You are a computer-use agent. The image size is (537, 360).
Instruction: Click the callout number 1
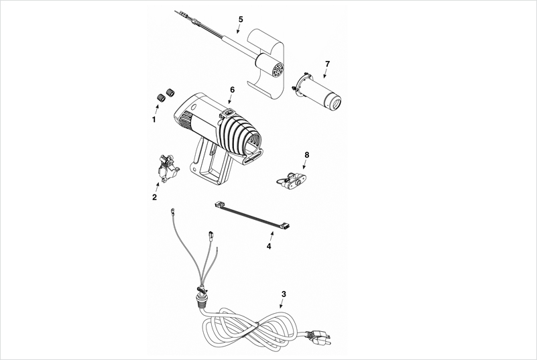(x=154, y=120)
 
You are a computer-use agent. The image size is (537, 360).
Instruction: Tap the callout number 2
(x=154, y=198)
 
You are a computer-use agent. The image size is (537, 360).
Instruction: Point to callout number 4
(x=269, y=246)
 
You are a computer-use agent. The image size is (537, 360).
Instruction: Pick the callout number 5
(x=241, y=18)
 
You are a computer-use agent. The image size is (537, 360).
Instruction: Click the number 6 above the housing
(x=232, y=89)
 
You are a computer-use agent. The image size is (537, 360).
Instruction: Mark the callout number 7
(x=327, y=64)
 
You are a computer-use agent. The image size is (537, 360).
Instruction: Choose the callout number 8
(x=306, y=155)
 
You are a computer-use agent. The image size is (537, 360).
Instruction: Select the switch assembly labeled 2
(x=166, y=168)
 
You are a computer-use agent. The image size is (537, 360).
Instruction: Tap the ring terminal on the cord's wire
(x=173, y=211)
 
